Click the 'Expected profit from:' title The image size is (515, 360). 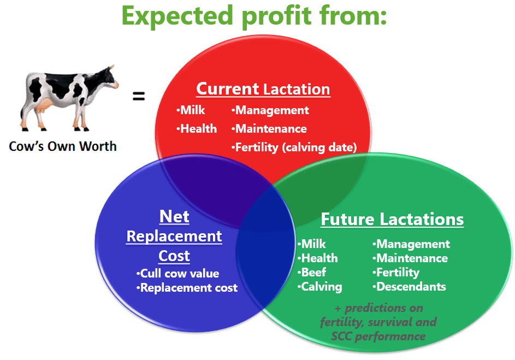pos(254,16)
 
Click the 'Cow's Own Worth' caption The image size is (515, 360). pos(63,146)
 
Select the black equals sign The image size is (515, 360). pos(139,96)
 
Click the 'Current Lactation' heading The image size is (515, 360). pos(263,89)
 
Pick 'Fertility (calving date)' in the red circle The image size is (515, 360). pos(294,147)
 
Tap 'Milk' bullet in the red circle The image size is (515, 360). pos(191,110)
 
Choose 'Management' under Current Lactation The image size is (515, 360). pos(270,110)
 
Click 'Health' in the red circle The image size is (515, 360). pos(197,128)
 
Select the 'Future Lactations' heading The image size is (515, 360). pos(392,219)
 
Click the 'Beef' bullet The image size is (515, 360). pos(312,272)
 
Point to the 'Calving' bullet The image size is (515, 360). pos(319,287)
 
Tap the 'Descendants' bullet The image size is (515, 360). pos(409,286)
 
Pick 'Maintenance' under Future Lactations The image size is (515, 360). pos(410,258)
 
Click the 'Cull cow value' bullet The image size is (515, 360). pos(177,273)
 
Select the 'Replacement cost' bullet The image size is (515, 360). pos(187,288)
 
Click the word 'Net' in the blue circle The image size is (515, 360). pos(174,216)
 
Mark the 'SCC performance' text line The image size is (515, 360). pos(378,337)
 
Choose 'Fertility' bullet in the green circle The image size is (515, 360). pos(396,272)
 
